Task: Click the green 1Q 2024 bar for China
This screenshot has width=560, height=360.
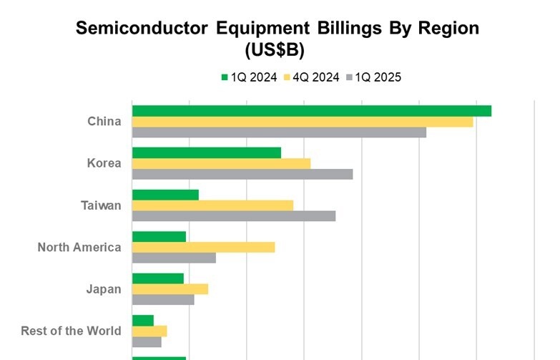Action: point(311,111)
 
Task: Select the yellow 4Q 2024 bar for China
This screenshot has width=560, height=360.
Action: point(303,122)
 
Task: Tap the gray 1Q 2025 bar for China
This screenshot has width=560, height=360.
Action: point(279,132)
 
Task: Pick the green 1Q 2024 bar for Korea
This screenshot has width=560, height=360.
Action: point(207,152)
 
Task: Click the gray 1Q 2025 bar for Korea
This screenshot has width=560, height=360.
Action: point(242,174)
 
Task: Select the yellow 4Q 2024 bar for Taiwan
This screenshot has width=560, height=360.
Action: point(212,205)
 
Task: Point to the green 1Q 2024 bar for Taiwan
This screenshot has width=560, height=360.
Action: point(165,195)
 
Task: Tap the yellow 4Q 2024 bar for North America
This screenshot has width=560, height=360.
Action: point(203,248)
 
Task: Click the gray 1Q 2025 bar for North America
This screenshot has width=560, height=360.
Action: point(174,258)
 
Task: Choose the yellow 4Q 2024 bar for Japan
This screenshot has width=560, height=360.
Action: point(170,289)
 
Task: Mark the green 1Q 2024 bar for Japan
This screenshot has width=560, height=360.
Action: point(158,278)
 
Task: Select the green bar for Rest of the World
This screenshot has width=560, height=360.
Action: point(143,320)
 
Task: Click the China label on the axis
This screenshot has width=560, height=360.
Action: point(104,122)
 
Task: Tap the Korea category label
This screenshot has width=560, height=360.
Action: point(104,163)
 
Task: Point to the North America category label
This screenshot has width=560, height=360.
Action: point(79,248)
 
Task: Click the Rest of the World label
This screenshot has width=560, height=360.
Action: point(71,331)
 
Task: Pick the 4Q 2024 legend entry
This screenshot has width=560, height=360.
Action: point(312,77)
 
